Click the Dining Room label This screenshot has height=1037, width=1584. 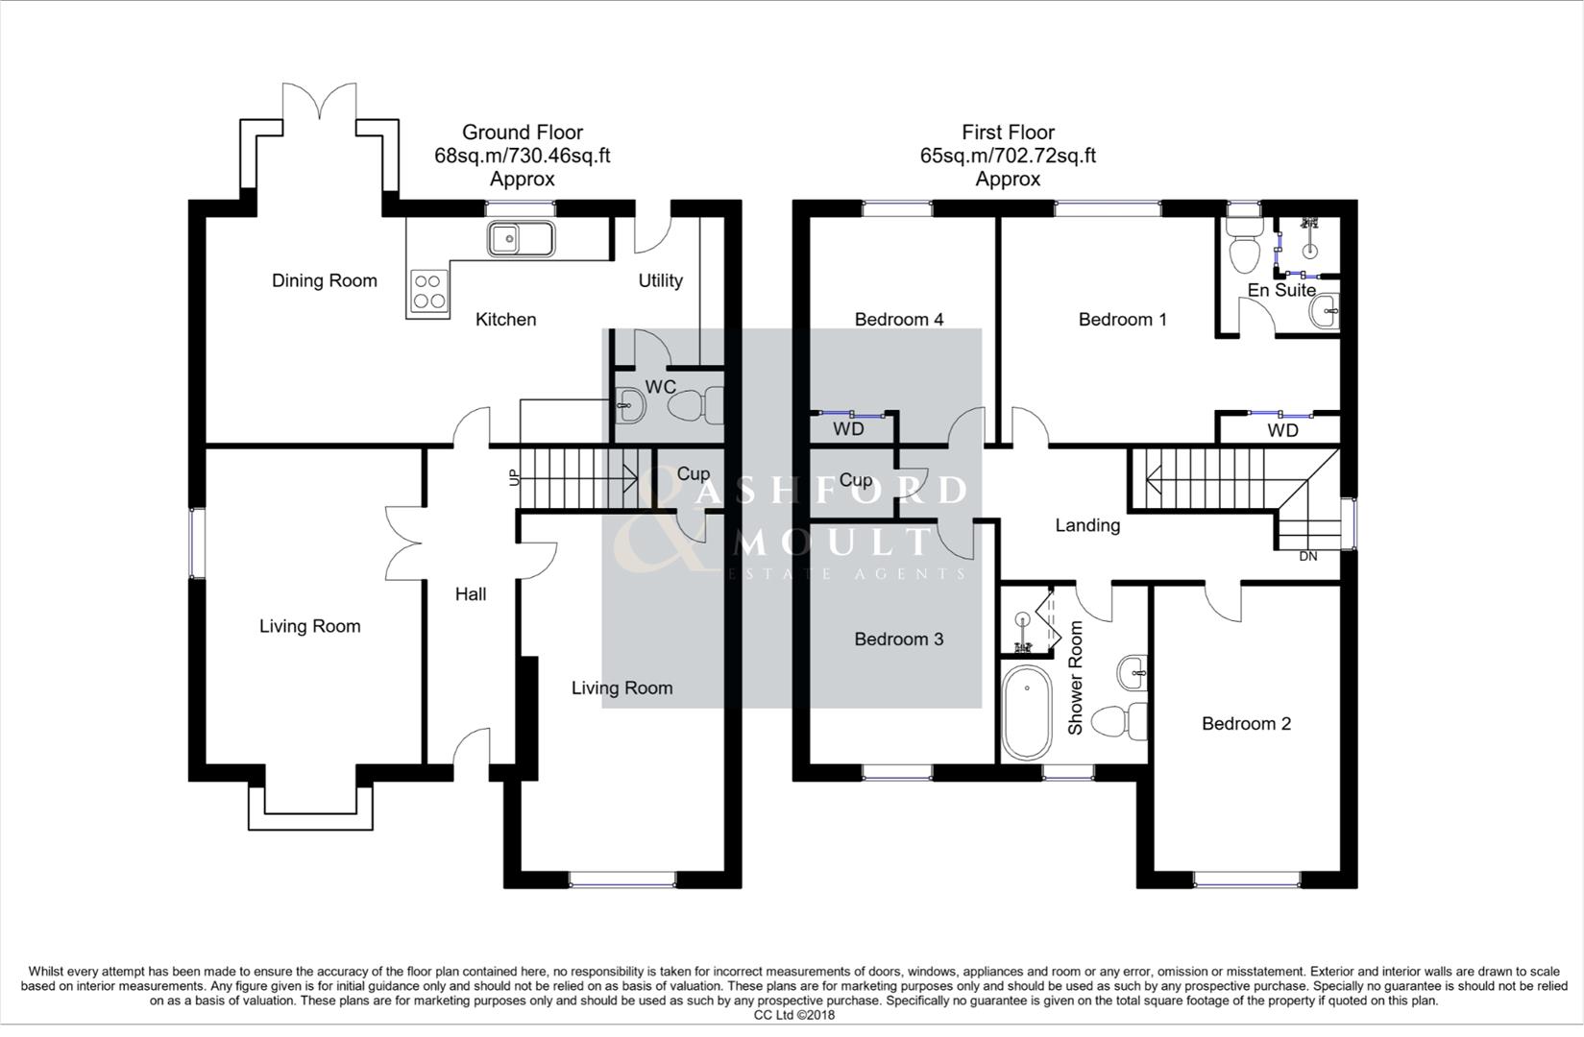point(324,280)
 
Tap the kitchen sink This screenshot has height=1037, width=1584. point(520,238)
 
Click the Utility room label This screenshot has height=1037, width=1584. point(660,280)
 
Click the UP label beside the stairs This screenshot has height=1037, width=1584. point(513,476)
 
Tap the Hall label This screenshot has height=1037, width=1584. point(470,594)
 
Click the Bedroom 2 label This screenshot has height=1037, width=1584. point(1246,723)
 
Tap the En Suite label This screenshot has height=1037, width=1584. point(1281,290)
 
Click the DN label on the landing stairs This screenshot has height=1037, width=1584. point(1307,556)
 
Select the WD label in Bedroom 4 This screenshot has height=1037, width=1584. point(848,429)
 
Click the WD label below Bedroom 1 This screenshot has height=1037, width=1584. point(1282,430)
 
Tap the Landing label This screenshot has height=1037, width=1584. point(1087,525)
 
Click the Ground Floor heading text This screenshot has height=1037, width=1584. point(522,133)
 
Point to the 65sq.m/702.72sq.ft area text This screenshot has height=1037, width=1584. point(1008,156)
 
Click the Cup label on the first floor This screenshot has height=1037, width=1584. point(855,480)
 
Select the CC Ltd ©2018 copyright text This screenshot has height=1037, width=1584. point(793,1015)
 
